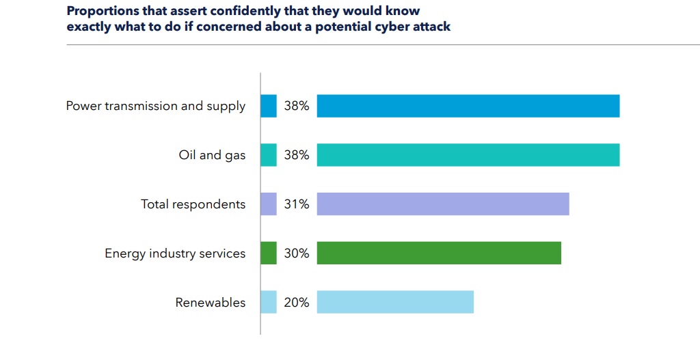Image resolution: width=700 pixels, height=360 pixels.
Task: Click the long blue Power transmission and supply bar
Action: point(468,106)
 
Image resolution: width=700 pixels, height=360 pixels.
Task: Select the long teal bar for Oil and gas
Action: point(468,155)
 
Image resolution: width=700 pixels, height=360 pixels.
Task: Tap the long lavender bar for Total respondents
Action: point(443,204)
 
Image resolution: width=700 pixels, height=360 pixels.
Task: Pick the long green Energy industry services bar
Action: point(439,253)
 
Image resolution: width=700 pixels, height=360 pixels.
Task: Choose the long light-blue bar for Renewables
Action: point(395,303)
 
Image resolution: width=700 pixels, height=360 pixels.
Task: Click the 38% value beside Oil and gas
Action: point(297,155)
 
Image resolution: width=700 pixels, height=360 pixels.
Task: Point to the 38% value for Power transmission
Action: point(297,106)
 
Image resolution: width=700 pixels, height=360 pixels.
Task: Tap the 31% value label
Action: point(297,204)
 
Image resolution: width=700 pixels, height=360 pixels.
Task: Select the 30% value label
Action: point(297,253)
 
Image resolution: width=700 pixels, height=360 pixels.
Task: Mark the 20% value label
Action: point(297,303)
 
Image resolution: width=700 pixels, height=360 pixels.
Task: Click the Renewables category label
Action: point(211,303)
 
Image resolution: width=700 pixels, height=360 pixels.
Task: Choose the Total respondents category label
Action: point(193,204)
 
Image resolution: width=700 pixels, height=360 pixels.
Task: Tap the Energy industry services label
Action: point(175,253)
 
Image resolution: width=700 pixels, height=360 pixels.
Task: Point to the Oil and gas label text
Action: point(212,155)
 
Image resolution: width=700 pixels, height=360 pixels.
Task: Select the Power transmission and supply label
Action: point(156,106)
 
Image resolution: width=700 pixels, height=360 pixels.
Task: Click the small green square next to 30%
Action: point(269,253)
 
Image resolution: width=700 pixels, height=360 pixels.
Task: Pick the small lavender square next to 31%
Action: point(269,204)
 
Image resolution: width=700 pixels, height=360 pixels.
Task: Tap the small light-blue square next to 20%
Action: point(269,303)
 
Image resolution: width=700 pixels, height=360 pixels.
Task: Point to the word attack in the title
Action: point(431,27)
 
